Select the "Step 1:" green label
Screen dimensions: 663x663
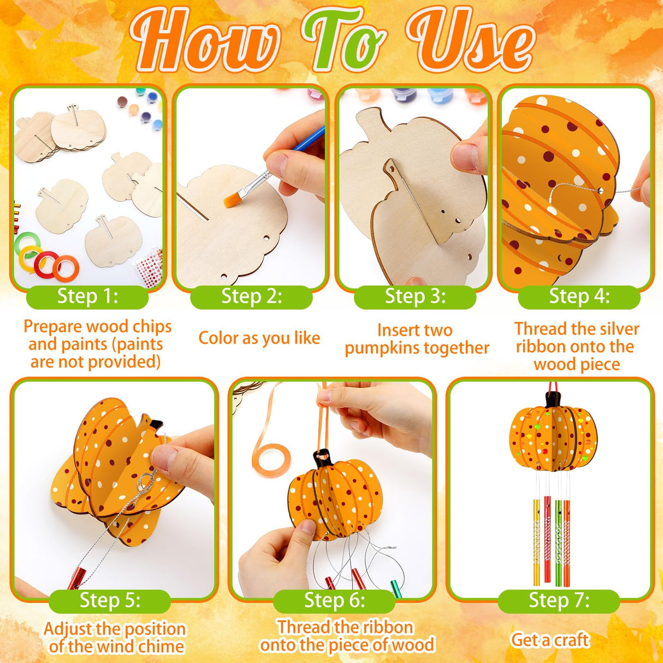87,297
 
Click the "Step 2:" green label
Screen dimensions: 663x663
251,297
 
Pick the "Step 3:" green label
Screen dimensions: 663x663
415,297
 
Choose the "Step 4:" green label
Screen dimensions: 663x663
579,297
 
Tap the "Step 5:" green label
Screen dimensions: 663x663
110,600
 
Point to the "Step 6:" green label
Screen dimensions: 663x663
334,600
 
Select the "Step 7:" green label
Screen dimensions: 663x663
559,600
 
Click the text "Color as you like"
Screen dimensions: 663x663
259,338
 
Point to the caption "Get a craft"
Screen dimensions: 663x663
549,640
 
